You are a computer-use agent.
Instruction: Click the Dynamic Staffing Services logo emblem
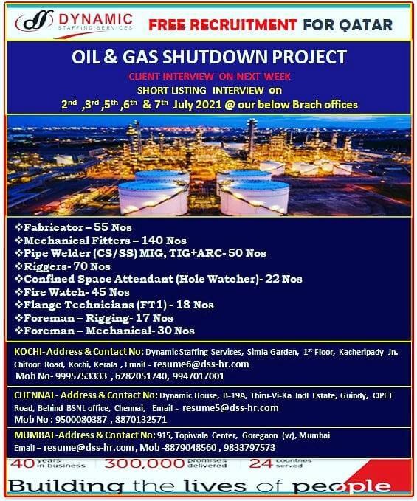34,21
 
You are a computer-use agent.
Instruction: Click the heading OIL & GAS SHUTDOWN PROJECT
209,57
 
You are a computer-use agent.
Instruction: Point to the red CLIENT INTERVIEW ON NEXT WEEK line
210,76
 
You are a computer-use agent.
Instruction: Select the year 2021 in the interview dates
208,105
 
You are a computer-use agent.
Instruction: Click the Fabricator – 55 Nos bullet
74,227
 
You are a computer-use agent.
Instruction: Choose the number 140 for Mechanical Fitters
152,241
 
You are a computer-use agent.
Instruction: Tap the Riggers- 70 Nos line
63,266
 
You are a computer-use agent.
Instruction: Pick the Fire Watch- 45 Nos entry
72,292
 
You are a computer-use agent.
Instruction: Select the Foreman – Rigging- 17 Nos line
94,318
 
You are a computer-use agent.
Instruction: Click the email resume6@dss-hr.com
201,364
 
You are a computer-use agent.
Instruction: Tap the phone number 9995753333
81,376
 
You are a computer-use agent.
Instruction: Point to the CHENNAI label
34,395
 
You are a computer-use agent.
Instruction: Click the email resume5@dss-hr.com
230,408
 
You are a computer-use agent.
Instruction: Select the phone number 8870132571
141,420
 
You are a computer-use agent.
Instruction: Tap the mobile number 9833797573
249,447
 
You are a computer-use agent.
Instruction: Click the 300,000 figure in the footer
145,463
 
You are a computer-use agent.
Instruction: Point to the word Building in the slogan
66,487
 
